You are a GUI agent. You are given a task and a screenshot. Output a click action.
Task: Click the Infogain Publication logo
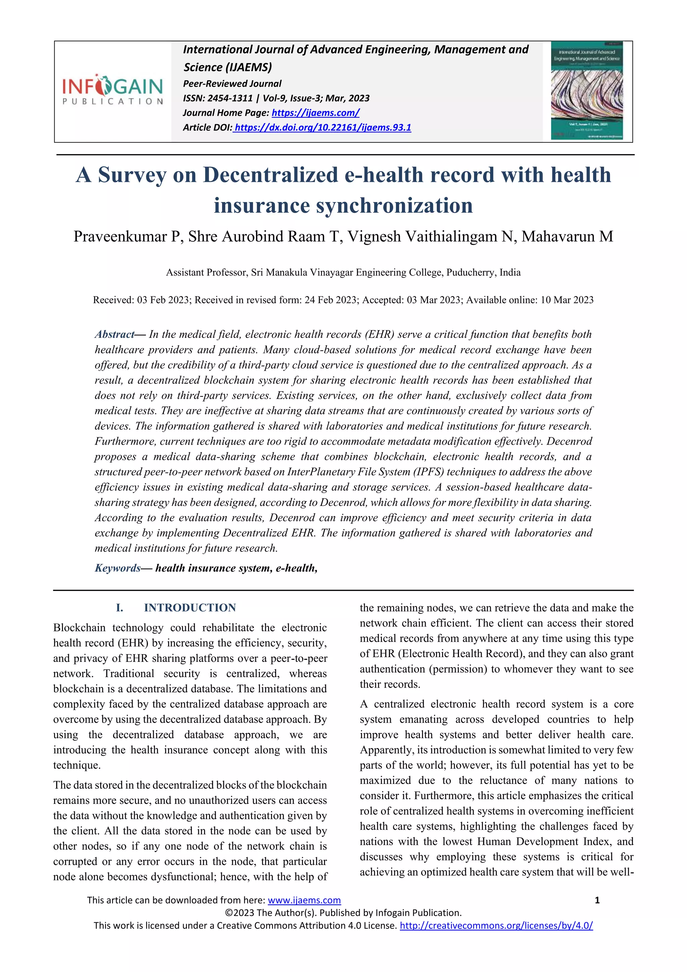point(112,89)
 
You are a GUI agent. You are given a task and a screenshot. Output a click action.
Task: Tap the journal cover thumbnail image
point(587,91)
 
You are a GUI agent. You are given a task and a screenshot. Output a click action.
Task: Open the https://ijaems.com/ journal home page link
point(316,113)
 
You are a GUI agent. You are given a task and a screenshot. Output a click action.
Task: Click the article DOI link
point(322,128)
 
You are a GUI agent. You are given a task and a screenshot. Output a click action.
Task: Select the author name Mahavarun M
point(567,237)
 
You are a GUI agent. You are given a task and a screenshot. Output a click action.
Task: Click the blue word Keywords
point(117,568)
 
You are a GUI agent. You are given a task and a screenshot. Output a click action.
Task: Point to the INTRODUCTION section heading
point(190,608)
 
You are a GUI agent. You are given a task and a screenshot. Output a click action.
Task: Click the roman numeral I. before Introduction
point(120,608)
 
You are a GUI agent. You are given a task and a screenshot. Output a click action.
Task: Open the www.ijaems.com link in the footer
point(304,900)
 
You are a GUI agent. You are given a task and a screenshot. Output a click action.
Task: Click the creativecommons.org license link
point(496,925)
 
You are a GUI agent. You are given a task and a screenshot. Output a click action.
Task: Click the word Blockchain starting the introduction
point(79,628)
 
